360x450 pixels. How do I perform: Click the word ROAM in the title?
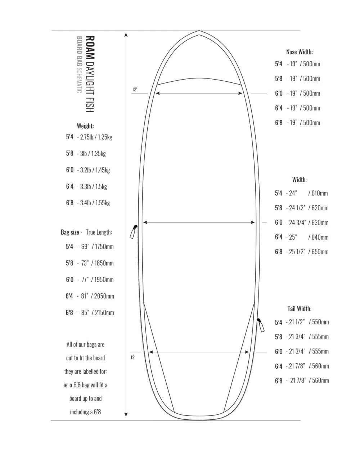pos(90,47)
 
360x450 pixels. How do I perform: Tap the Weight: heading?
pos(85,126)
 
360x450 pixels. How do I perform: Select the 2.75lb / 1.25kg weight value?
pos(96,137)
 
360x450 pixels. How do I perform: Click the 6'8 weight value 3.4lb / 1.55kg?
pos(95,203)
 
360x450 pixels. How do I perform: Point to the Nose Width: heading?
pos(299,52)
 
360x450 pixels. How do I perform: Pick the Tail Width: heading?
pos(299,309)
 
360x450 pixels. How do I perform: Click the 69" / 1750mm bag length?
pos(98,247)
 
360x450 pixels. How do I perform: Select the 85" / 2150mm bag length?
pos(98,312)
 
